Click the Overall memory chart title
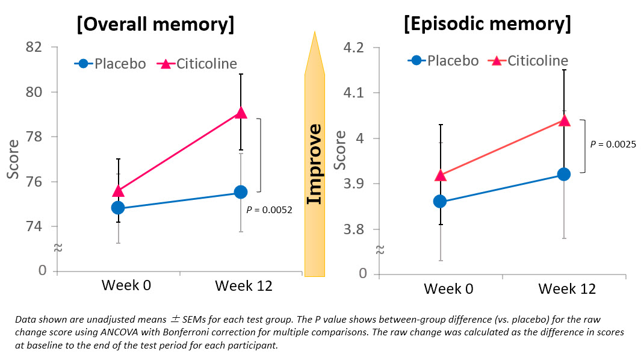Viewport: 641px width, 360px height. [x=155, y=25]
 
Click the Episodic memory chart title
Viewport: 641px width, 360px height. [x=488, y=25]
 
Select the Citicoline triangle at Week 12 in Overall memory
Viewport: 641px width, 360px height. [x=241, y=113]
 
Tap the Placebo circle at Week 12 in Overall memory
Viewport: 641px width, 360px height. [x=241, y=192]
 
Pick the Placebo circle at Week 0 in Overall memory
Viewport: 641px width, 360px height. [x=118, y=208]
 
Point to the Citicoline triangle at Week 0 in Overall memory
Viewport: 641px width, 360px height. [x=118, y=191]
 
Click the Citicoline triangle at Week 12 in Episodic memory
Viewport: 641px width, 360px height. [x=564, y=120]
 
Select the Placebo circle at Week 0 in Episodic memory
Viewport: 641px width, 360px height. [x=440, y=201]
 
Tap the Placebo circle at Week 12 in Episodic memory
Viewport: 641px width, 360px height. [x=564, y=174]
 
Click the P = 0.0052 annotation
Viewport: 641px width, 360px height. [x=269, y=210]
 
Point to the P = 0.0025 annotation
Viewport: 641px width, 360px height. [x=613, y=144]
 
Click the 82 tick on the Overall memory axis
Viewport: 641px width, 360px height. [x=38, y=47]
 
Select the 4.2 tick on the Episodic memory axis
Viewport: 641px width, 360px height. [x=354, y=48]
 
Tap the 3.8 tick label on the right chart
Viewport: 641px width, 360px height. [x=354, y=229]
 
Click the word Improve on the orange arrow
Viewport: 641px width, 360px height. [x=314, y=164]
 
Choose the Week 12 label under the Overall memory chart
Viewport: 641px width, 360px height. [x=243, y=286]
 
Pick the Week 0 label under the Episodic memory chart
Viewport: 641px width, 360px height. [x=448, y=289]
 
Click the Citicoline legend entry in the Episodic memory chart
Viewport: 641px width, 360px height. [x=530, y=61]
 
